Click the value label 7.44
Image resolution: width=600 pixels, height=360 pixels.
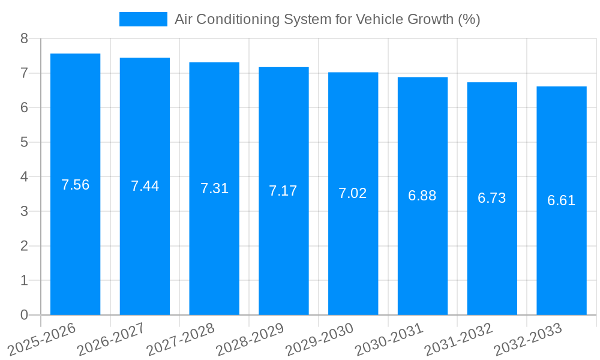pos(145,186)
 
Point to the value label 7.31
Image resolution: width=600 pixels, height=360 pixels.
pos(214,188)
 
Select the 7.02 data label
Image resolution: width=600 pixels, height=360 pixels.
pos(353,193)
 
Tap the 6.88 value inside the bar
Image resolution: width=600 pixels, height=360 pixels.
pos(422,196)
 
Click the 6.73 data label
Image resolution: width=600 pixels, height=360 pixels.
pos(492,198)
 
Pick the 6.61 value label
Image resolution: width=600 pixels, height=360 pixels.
pos(562,200)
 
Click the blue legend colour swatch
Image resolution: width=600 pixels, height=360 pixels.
pos(143,19)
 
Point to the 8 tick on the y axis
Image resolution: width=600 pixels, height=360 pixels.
pos(24,38)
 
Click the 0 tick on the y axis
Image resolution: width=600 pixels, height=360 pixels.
pos(24,315)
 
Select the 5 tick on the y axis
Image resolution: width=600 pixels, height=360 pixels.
pos(24,142)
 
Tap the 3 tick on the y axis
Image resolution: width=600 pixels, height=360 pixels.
pos(24,211)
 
